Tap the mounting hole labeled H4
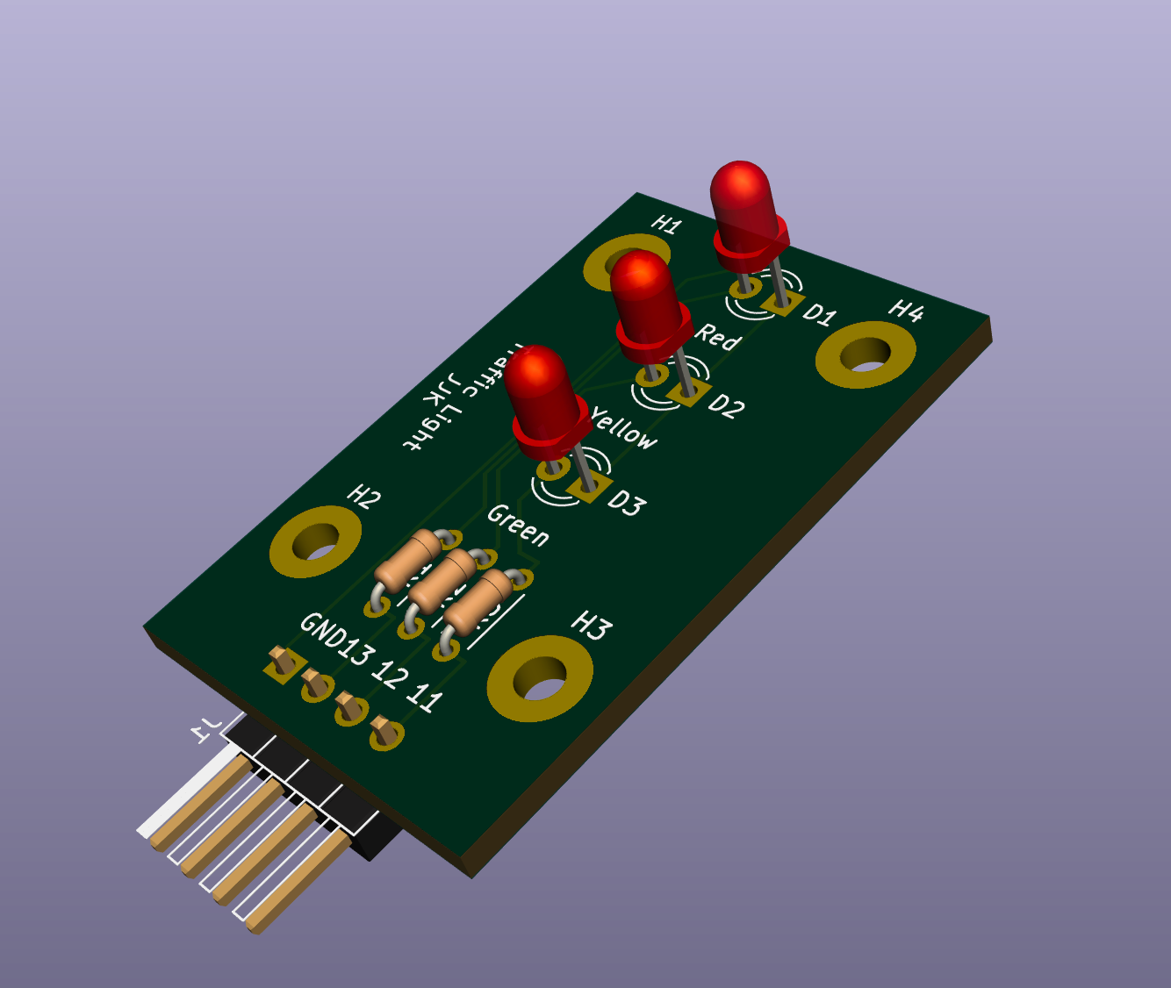coord(866,354)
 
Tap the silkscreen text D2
coord(726,405)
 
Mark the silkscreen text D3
coord(626,504)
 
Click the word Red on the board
coord(718,337)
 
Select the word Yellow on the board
coord(623,427)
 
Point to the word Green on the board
coord(518,525)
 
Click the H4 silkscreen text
coord(906,311)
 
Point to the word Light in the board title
coord(425,426)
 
